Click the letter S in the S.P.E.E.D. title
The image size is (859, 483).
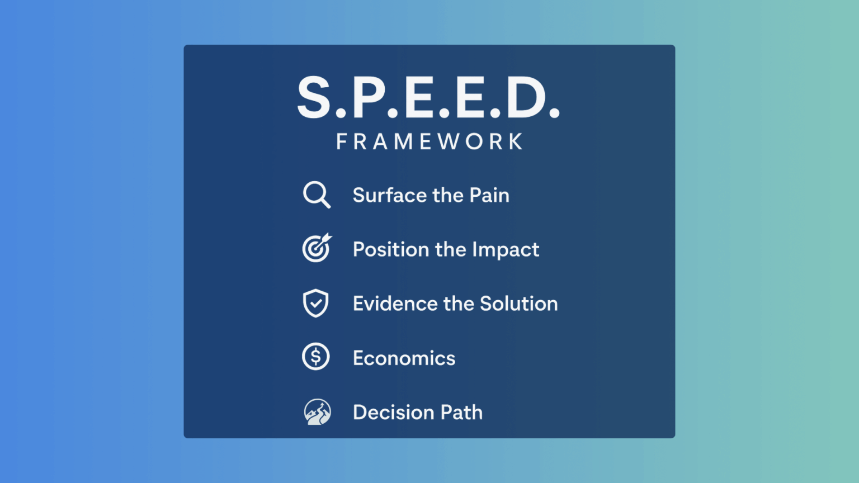pyautogui.click(x=313, y=97)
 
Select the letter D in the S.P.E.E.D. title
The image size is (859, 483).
pyautogui.click(x=526, y=97)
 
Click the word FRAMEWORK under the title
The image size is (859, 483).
pyautogui.click(x=429, y=141)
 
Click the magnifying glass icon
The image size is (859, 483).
pyautogui.click(x=316, y=194)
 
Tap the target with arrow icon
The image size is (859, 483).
pyautogui.click(x=317, y=248)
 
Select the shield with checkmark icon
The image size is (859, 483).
pyautogui.click(x=315, y=303)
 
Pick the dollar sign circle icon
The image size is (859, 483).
pyautogui.click(x=315, y=357)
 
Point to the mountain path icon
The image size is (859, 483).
pyautogui.click(x=317, y=411)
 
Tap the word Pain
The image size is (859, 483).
pyautogui.click(x=489, y=195)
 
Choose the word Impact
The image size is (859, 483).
pyautogui.click(x=506, y=250)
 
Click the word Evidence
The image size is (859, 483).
pyautogui.click(x=395, y=304)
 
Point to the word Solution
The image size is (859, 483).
pyautogui.click(x=519, y=304)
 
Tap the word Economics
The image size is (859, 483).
pyautogui.click(x=404, y=358)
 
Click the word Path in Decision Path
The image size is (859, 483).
pyautogui.click(x=461, y=412)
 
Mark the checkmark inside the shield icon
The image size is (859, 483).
pyautogui.click(x=316, y=303)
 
